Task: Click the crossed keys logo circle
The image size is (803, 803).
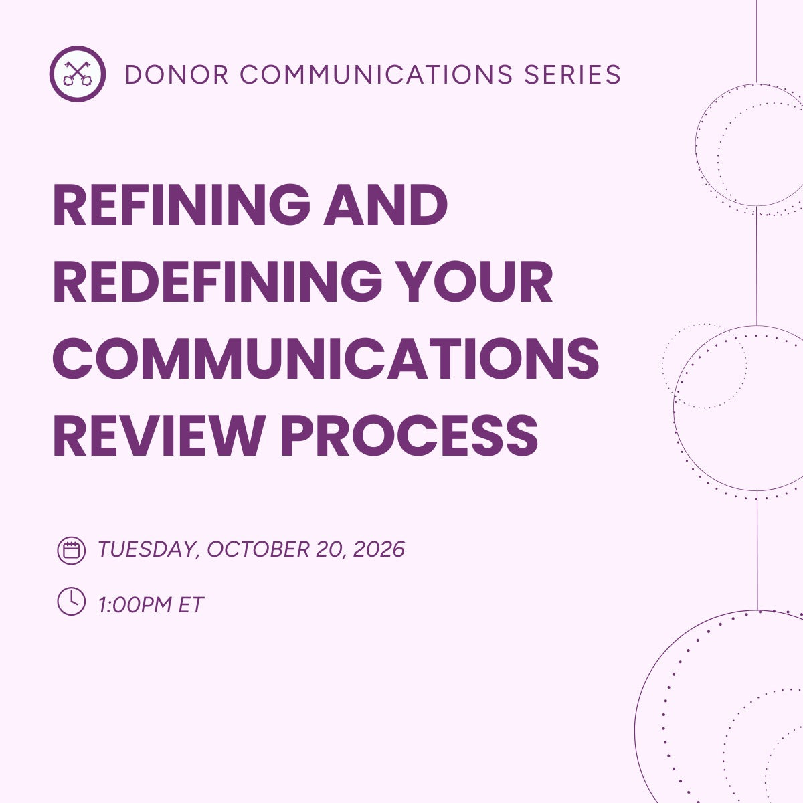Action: click(78, 74)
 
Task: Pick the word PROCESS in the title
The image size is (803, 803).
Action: click(410, 434)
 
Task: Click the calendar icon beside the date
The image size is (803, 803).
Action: click(71, 550)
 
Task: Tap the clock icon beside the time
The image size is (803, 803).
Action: click(71, 601)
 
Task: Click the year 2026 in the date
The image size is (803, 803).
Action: click(379, 550)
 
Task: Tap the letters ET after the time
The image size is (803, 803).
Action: click(190, 605)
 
